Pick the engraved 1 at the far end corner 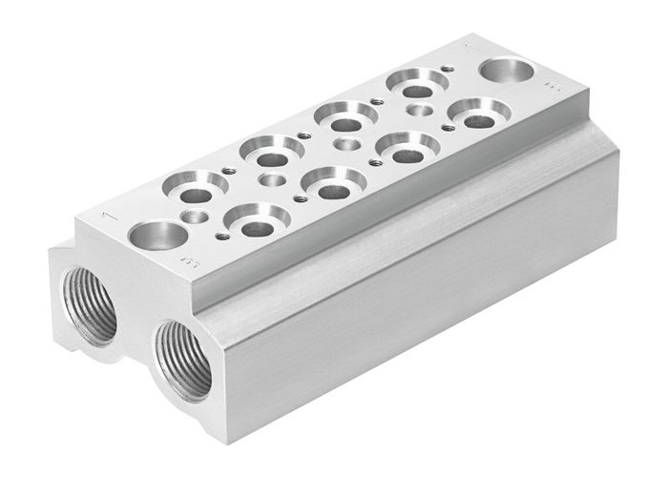[x=469, y=46]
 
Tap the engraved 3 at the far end [x=555, y=87]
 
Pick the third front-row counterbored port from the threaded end [x=407, y=150]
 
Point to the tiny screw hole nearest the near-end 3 [x=222, y=237]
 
